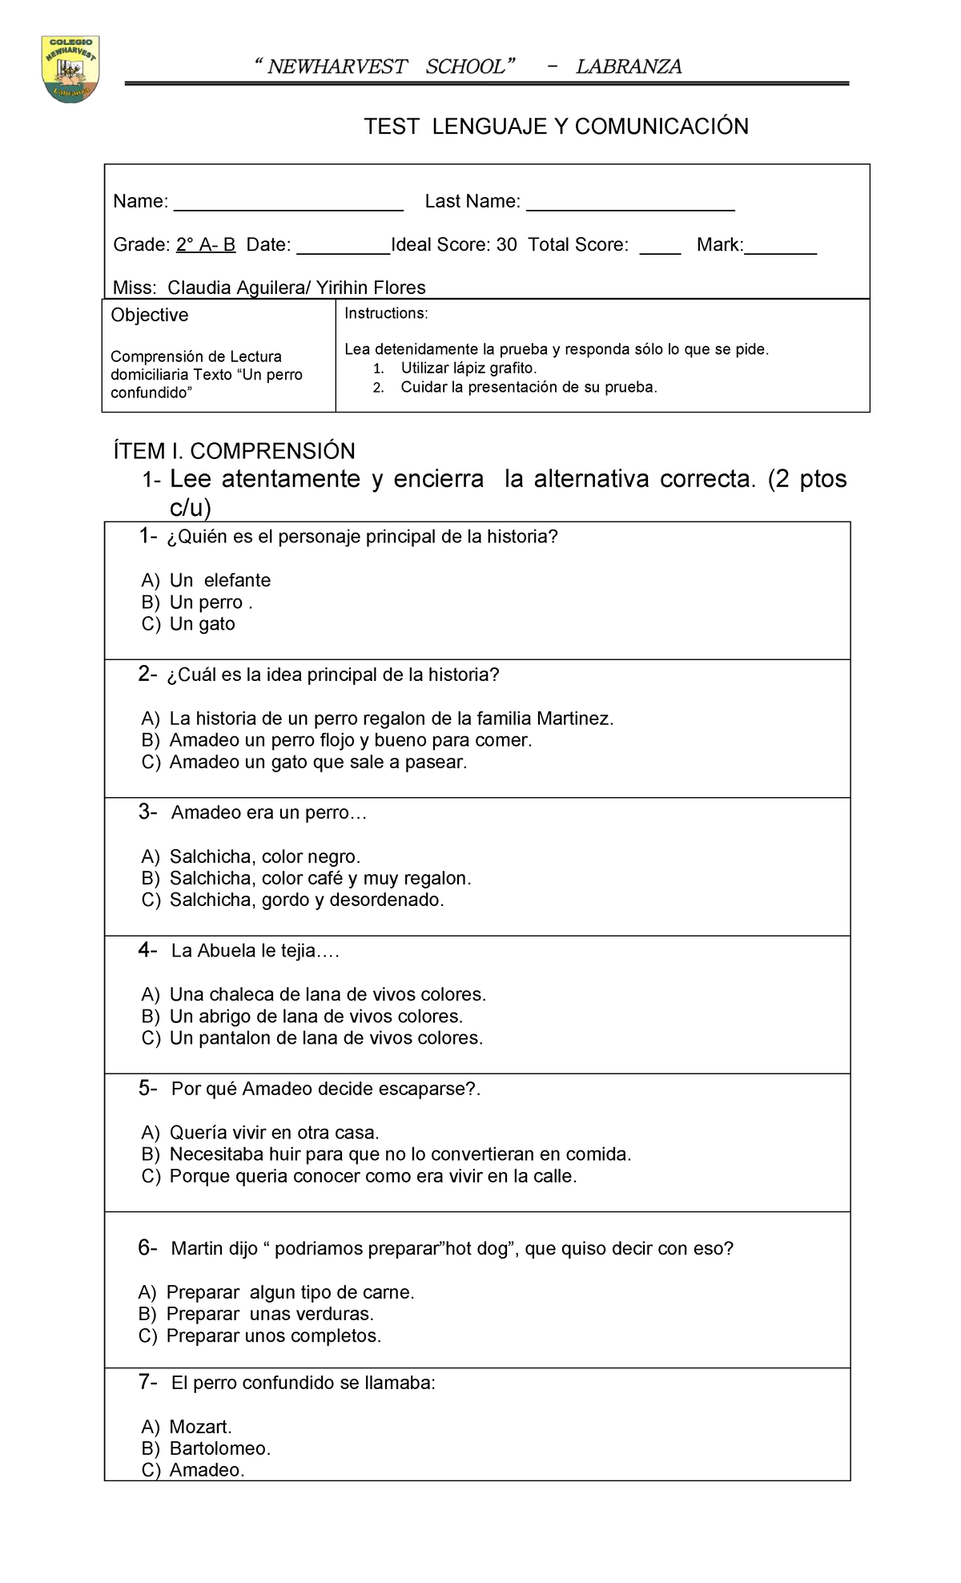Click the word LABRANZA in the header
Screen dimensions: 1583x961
coord(629,67)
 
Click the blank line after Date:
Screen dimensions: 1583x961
coord(343,248)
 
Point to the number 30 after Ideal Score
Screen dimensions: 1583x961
coord(507,245)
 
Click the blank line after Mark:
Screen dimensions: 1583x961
coord(780,248)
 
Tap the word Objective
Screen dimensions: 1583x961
coord(150,316)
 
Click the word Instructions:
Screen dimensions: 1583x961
coord(386,313)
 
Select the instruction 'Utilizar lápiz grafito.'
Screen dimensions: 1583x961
coord(468,369)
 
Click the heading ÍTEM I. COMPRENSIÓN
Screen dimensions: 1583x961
coord(234,451)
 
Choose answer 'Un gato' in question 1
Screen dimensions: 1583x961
coord(202,624)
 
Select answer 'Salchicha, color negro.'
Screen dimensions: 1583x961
coord(264,857)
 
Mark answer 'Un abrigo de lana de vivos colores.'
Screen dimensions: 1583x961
coord(316,1017)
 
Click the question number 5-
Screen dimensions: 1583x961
coord(147,1089)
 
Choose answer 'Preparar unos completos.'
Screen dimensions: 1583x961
coord(273,1336)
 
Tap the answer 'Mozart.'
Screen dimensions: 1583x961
coord(200,1427)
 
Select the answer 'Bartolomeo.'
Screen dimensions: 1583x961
coord(219,1448)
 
